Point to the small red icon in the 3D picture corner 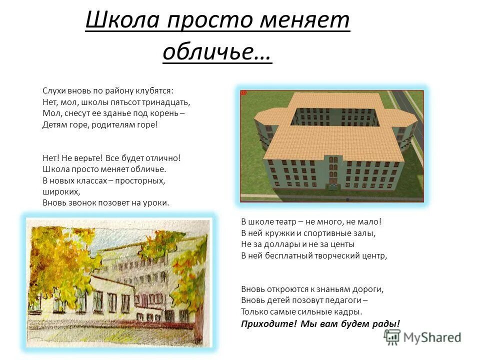pyautogui.click(x=244, y=93)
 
